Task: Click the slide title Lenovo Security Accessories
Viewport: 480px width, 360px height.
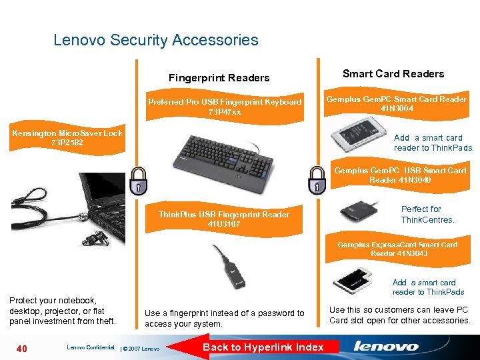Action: tap(155, 40)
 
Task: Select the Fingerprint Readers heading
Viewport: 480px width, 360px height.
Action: tap(219, 78)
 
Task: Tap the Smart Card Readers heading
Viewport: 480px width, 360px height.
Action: tap(393, 74)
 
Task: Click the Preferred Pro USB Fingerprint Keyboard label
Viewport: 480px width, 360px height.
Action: tap(225, 107)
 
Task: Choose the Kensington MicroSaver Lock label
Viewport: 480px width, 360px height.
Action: tap(67, 138)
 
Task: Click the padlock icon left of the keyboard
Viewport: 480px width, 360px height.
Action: tap(138, 180)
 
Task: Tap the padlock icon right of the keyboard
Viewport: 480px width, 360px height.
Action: tap(316, 180)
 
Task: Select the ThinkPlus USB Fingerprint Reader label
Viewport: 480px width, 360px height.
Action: tap(223, 219)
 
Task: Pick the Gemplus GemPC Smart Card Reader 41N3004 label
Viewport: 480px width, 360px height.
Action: tap(396, 103)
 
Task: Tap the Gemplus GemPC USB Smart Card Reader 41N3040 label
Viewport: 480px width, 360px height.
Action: tap(400, 175)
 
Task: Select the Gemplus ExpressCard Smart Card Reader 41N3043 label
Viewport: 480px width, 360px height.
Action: tap(397, 249)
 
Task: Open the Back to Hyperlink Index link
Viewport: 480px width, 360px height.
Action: tap(263, 347)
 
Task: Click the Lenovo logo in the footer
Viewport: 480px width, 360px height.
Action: tap(386, 347)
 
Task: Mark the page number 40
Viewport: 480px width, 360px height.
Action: tap(23, 347)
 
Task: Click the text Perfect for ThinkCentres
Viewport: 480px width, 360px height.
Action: tap(427, 214)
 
